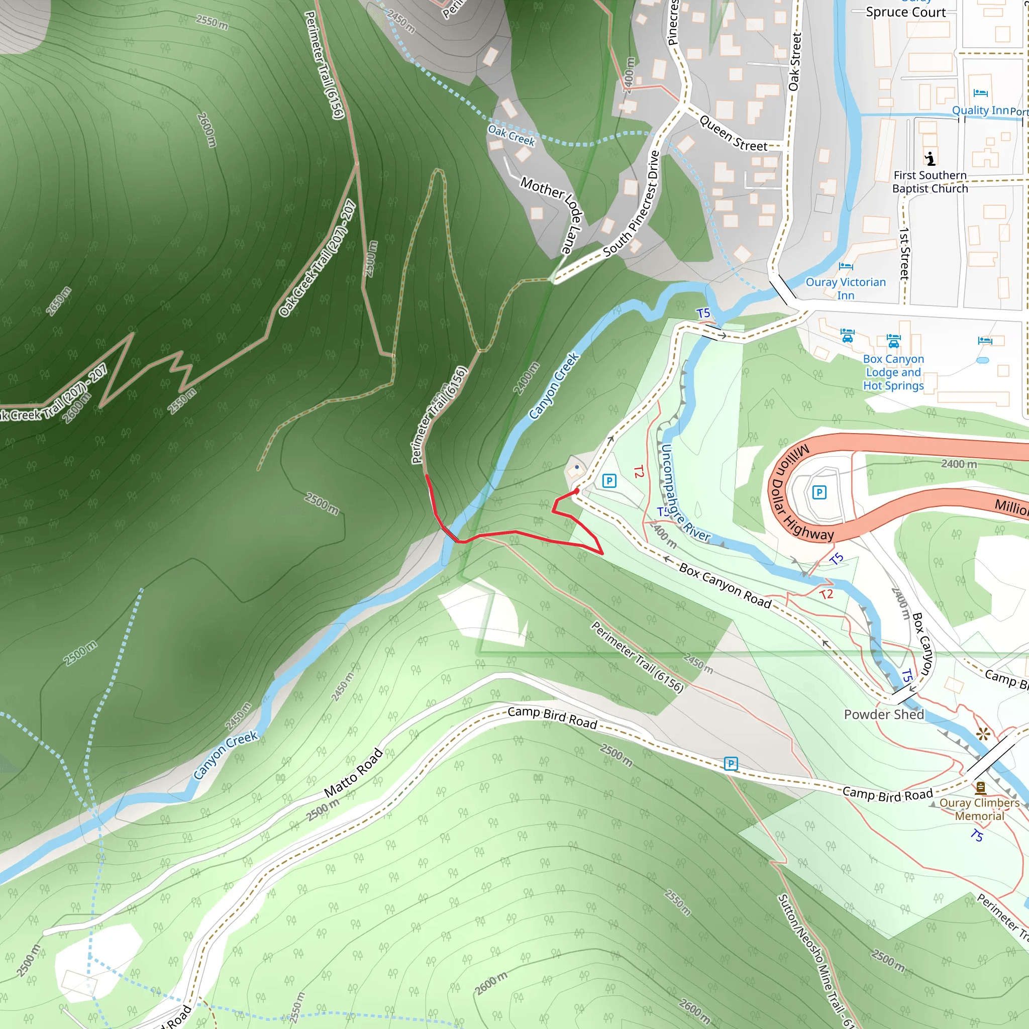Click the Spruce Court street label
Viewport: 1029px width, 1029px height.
click(905, 12)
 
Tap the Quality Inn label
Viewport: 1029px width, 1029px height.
click(980, 110)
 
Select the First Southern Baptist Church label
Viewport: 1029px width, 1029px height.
click(930, 181)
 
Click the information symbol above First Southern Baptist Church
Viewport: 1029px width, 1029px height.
click(930, 158)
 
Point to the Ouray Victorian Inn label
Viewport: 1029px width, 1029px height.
click(845, 288)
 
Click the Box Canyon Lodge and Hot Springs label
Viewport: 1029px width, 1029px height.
click(893, 372)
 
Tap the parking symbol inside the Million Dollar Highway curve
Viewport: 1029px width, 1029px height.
click(819, 492)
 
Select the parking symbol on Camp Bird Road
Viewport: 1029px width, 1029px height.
click(731, 764)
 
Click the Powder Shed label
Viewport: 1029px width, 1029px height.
click(884, 714)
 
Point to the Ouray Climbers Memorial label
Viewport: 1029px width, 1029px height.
click(979, 809)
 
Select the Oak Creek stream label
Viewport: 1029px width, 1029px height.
click(511, 135)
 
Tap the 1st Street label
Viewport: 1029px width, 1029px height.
click(904, 254)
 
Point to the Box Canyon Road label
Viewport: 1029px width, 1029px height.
click(725, 585)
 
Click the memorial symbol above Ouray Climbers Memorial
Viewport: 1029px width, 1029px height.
click(980, 788)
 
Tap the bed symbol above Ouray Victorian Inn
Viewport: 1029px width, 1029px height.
click(845, 266)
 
